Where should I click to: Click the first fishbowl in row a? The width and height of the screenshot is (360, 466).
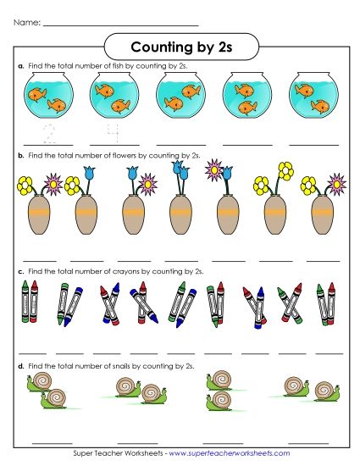46,96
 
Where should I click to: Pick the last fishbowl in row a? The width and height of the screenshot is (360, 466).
313,96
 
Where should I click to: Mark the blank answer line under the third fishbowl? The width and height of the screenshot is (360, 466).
180,145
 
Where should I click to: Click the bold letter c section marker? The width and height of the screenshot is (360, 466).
19,271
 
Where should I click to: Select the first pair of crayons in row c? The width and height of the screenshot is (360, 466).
30,303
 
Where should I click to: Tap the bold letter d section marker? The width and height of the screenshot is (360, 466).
19,365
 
